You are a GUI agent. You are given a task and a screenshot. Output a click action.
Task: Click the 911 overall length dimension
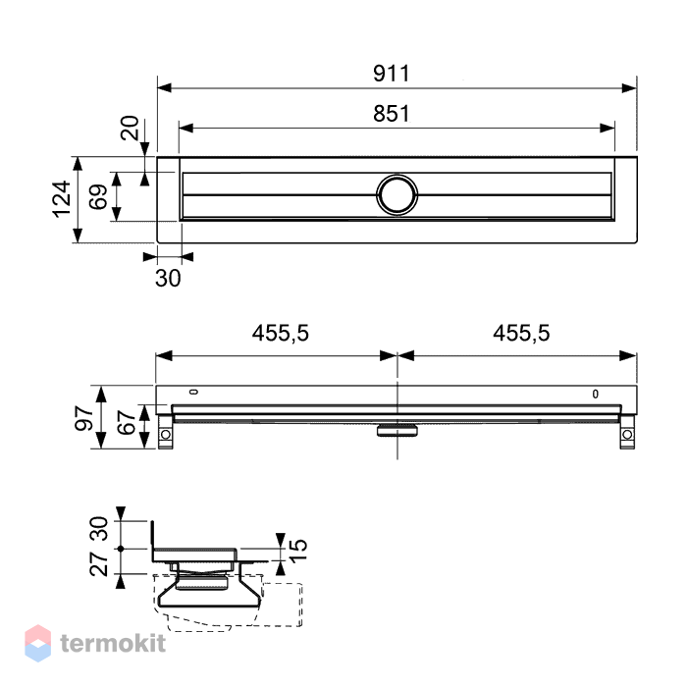point(392,74)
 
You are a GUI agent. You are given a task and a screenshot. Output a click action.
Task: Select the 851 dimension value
point(392,114)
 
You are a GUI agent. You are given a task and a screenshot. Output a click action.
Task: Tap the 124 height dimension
point(61,199)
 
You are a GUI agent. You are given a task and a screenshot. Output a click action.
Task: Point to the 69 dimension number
point(98,196)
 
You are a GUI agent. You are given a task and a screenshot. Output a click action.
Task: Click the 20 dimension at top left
point(130,128)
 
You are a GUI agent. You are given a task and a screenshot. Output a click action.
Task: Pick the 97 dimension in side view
point(83,418)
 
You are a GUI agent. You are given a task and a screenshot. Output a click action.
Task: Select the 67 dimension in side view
point(127,422)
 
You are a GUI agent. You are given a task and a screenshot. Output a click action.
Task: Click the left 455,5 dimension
point(281,333)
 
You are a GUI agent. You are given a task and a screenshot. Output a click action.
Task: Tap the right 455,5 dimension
point(521,333)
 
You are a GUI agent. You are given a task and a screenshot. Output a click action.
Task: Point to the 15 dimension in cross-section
point(298,551)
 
